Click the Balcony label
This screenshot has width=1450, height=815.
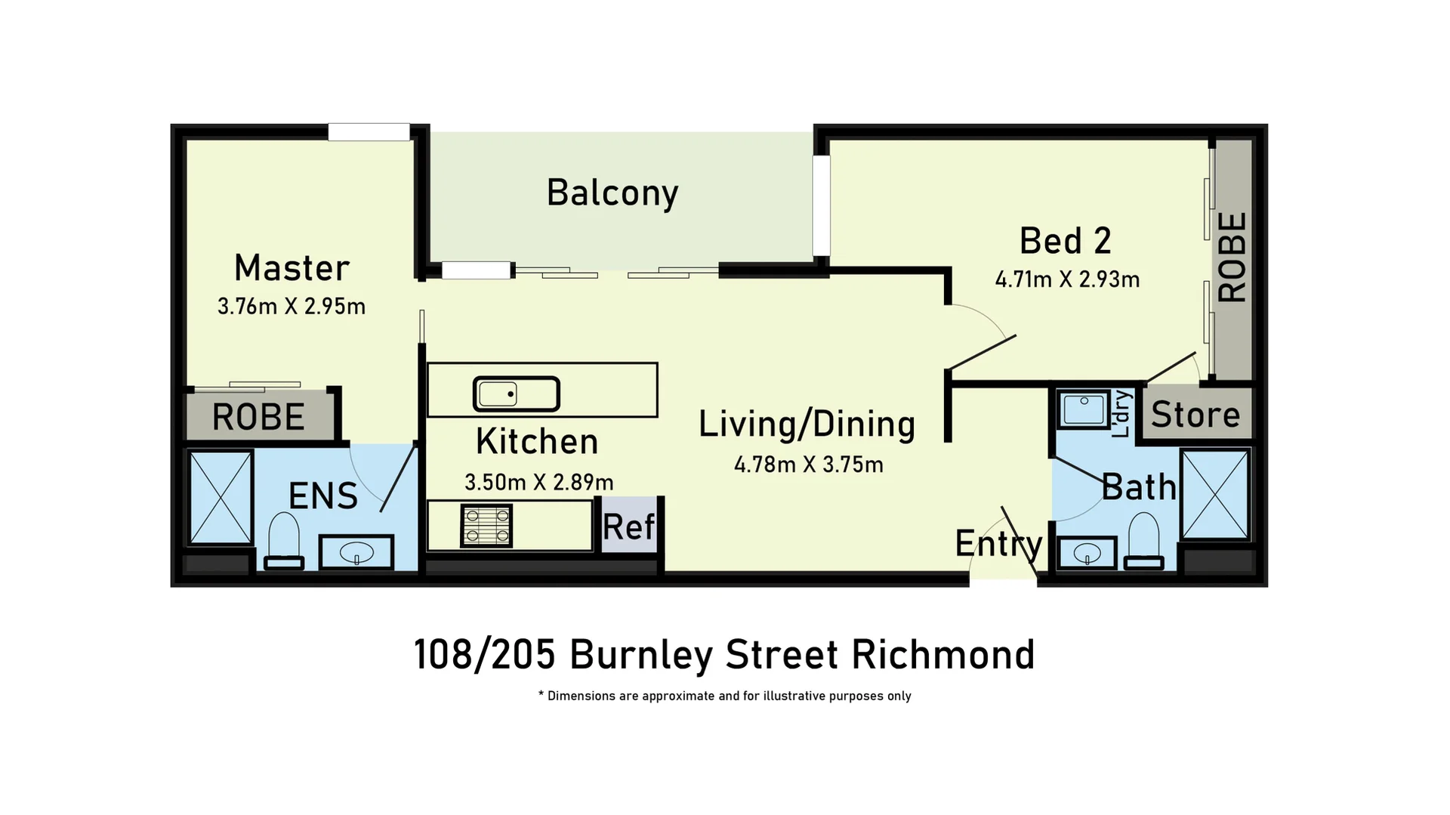pos(612,193)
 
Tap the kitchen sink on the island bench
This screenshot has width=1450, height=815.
pos(516,394)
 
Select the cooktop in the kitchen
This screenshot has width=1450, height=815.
pos(486,526)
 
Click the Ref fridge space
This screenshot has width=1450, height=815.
pos(628,526)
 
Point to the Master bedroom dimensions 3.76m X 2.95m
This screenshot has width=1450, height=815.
pos(292,307)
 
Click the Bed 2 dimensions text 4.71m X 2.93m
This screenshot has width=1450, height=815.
pos(1067,280)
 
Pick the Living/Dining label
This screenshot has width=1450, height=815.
pos(807,424)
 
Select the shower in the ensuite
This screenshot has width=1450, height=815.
pos(221,497)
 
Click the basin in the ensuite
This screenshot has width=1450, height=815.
pos(356,553)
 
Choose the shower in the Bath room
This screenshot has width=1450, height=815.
pos(1214,494)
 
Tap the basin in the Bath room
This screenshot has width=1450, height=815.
pos(1087,554)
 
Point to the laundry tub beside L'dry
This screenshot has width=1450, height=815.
pos(1083,409)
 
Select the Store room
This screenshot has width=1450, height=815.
pos(1195,415)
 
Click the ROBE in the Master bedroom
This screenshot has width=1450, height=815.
pos(258,417)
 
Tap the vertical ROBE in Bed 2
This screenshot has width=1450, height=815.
pos(1232,257)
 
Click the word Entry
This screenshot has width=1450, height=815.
pos(998,543)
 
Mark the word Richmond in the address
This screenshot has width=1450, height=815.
pos(943,655)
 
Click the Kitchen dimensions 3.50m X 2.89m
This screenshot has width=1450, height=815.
pos(538,483)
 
